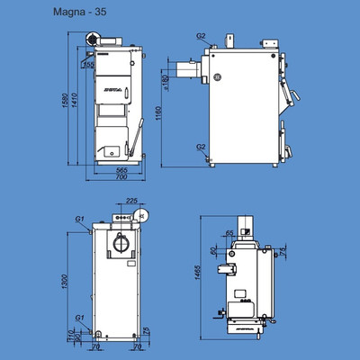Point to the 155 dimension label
87,65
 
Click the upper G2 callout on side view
201,36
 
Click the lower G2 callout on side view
201,146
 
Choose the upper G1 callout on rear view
80,219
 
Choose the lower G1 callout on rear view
80,318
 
